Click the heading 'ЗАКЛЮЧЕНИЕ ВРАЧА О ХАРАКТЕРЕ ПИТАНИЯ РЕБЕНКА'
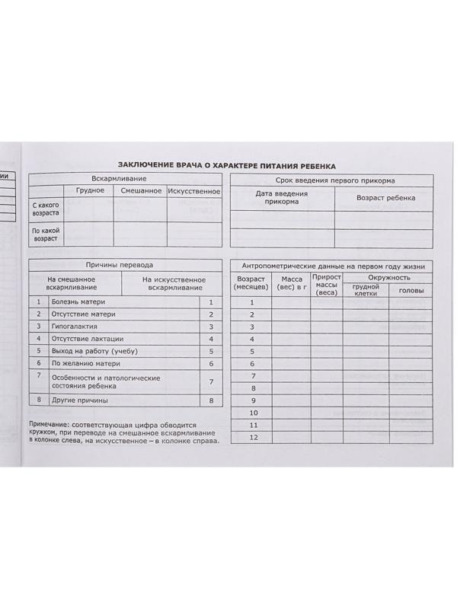(226, 165)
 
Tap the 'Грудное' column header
(90, 190)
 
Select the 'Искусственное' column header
(193, 190)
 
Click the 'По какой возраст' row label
(46, 234)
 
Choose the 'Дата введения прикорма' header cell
(282, 198)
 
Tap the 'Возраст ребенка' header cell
(385, 198)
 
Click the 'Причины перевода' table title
(125, 265)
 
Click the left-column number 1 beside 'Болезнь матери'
(38, 301)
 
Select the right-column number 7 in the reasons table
(211, 382)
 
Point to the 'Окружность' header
(388, 278)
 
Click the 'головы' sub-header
(411, 291)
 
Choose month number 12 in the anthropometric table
(254, 437)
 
